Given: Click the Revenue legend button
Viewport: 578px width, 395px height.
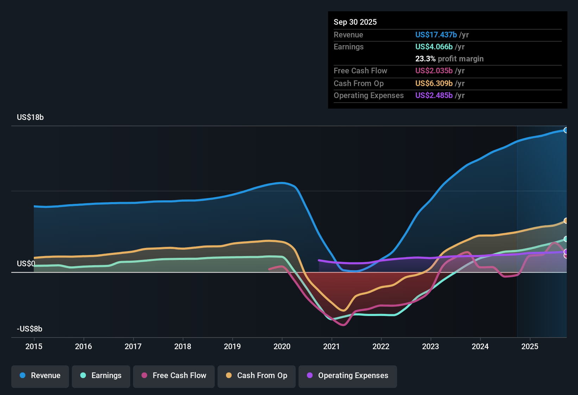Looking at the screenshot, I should coord(40,376).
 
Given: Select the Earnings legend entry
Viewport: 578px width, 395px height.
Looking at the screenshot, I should coord(101,376).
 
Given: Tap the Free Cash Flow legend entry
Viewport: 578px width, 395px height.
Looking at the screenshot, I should coord(174,376).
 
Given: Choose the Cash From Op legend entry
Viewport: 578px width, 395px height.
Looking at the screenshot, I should coord(257,376).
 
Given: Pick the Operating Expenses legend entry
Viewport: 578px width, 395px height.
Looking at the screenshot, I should coord(348,376).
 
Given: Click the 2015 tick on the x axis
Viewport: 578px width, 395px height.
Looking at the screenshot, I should coord(34,346).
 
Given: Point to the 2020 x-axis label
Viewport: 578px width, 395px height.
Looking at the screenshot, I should coord(282,346).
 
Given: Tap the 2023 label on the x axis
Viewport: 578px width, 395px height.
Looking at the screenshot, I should coord(431,346).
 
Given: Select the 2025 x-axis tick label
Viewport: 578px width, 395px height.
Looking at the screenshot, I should coord(530,346).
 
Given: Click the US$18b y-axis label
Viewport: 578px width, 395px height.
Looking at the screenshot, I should coord(30,117).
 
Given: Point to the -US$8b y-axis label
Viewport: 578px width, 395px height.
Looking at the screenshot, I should coord(30,329).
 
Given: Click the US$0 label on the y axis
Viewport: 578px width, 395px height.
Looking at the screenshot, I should coord(26,264).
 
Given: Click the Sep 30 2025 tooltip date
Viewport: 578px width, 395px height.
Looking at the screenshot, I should coord(355,22).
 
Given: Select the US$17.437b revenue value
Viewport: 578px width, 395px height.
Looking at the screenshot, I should coord(436,35).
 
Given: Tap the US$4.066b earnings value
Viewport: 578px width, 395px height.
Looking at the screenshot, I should coord(434,47).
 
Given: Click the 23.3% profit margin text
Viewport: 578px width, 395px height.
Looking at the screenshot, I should coord(449,59).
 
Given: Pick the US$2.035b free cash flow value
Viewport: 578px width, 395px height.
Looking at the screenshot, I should coord(434,71).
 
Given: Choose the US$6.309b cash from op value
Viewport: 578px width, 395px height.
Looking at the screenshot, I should coord(434,84).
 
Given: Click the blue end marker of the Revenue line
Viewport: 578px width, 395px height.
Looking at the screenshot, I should coord(566,130).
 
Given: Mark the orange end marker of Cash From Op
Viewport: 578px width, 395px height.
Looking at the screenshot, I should coord(566,221).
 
